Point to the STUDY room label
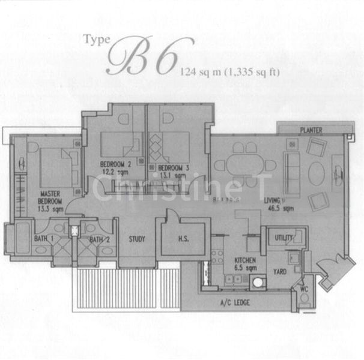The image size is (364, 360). (x=137, y=239)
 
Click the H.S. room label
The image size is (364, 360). (x=184, y=239)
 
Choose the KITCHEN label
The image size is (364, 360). (x=245, y=260)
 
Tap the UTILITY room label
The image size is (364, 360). (x=284, y=238)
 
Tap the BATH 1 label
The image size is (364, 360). (x=43, y=241)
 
